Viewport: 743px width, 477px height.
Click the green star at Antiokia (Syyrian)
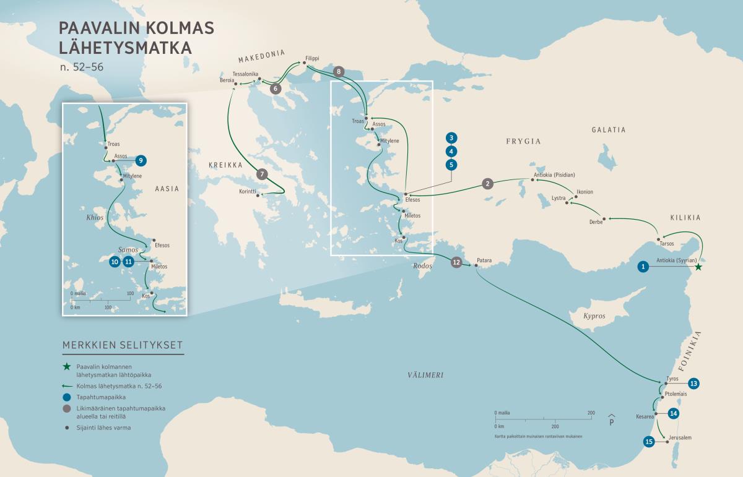698,267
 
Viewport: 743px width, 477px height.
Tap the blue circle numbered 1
644,267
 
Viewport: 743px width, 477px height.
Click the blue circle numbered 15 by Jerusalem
649,442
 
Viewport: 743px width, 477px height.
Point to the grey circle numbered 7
262,174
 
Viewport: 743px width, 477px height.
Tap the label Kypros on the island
594,316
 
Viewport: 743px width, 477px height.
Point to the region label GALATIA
608,130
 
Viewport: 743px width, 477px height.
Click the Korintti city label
248,192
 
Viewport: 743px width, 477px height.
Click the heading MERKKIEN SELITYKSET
123,345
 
